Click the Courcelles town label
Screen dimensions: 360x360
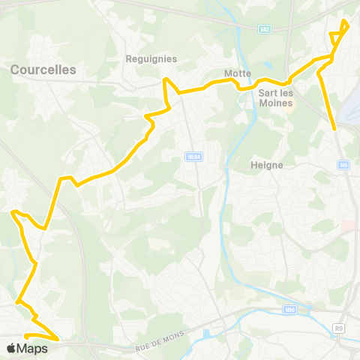click(43, 69)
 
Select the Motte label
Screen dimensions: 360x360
click(237, 73)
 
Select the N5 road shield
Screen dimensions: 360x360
click(343, 164)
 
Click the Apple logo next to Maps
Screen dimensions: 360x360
click(10, 348)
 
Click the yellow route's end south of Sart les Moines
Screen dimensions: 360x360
click(334, 129)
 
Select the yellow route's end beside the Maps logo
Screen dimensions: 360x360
click(25, 336)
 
